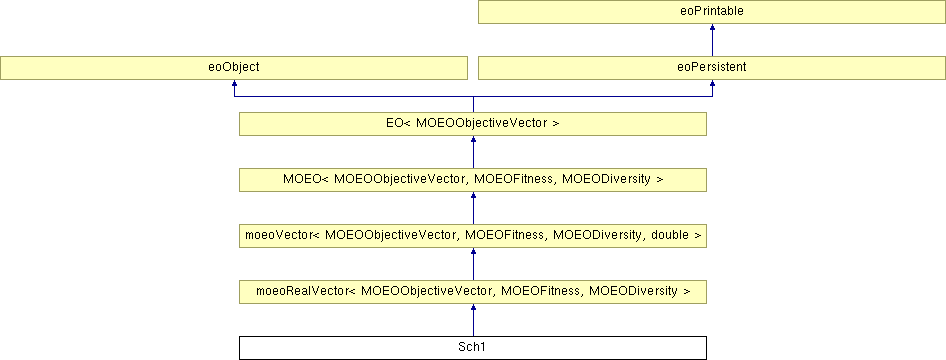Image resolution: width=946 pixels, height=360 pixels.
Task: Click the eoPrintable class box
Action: pos(712,12)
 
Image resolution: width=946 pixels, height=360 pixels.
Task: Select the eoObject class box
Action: pos(233,68)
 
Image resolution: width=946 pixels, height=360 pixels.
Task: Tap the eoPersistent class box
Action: pos(712,68)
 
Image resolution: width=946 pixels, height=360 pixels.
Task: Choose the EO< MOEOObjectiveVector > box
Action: pos(473,124)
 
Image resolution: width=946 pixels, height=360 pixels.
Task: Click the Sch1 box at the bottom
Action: pos(473,348)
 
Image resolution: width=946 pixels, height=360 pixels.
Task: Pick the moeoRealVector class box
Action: pos(473,292)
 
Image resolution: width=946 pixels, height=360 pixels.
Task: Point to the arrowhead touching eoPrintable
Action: pos(712,28)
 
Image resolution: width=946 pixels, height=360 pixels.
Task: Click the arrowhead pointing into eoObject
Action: pos(233,83)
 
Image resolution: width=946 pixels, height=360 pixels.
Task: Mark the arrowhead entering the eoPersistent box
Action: pos(712,83)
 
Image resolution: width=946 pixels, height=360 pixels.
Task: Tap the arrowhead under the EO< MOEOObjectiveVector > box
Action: pos(473,139)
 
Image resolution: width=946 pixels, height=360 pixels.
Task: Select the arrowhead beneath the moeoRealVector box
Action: pos(473,308)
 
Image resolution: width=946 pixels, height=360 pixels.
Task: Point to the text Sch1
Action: pos(473,348)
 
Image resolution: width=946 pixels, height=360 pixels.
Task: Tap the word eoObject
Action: pos(233,68)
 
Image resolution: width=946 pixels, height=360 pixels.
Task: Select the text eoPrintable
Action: pos(712,12)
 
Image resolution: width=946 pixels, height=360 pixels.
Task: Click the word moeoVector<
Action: pos(282,236)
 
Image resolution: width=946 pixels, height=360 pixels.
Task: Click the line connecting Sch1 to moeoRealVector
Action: pos(473,324)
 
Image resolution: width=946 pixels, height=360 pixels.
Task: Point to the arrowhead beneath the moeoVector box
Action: pos(473,251)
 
